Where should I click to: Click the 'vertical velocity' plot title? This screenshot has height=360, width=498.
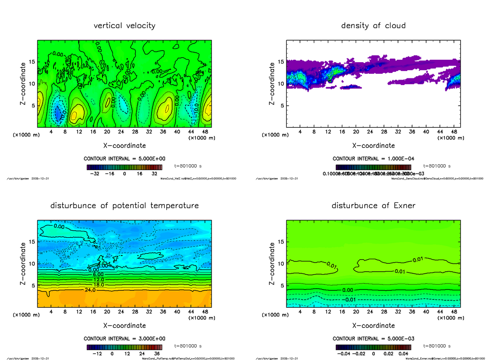click(x=124, y=26)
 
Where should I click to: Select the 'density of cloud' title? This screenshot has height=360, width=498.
click(x=373, y=26)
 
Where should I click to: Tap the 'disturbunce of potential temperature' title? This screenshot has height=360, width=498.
click(x=124, y=206)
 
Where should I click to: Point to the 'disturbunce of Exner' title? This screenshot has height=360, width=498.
click(x=373, y=206)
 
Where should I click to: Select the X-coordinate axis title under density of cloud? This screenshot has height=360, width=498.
click(x=373, y=146)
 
